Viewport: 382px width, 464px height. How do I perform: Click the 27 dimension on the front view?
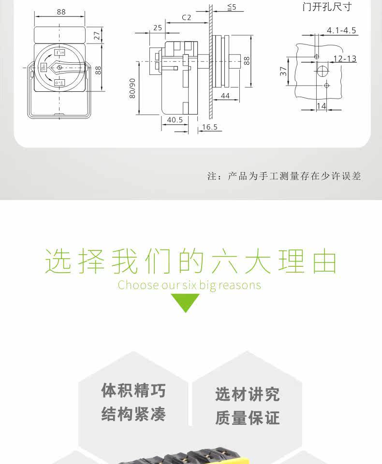click(x=97, y=35)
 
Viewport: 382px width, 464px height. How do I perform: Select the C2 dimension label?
click(x=187, y=17)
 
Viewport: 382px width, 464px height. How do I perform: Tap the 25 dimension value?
click(x=158, y=28)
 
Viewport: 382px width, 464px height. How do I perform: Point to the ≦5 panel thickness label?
click(x=232, y=7)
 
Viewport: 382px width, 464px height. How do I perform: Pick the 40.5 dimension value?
click(x=175, y=120)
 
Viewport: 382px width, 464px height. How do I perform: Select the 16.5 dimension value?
click(x=210, y=127)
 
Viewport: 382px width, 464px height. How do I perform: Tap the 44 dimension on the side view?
click(x=225, y=96)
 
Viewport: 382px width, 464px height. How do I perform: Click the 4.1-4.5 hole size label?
click(x=341, y=30)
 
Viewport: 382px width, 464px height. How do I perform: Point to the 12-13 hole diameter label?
click(x=345, y=58)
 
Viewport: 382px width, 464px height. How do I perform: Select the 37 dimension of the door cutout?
click(x=284, y=71)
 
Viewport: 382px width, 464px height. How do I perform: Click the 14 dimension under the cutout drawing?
click(x=321, y=106)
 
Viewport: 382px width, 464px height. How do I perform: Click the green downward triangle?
click(x=185, y=302)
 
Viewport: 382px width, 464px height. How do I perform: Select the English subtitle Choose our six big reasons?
click(x=189, y=285)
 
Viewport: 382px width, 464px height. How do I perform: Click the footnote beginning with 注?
click(x=284, y=176)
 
